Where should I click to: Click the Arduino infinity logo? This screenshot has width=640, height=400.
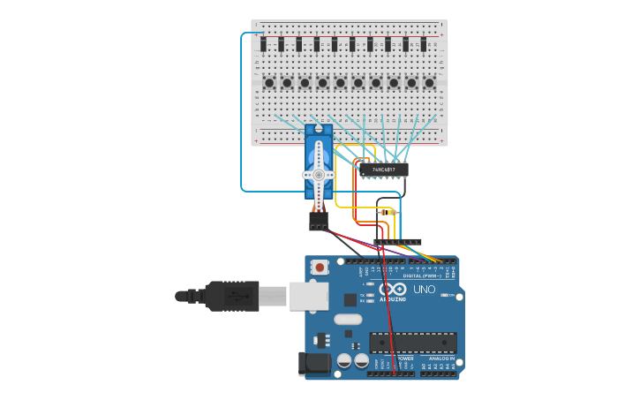tap(393, 290)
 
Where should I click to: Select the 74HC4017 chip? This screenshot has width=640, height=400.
tap(383, 170)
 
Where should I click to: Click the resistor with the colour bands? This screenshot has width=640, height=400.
tap(387, 213)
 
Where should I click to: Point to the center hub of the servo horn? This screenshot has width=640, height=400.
tap(319, 175)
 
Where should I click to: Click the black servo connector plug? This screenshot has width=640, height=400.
tap(319, 221)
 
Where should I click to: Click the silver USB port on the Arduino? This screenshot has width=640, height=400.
tap(308, 297)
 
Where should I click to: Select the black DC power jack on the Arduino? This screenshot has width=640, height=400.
tap(313, 363)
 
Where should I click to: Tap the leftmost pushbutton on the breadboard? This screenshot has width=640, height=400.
tap(268, 83)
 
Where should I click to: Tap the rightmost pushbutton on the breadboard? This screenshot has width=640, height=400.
tap(429, 83)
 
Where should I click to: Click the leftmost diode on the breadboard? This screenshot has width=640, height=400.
tap(263, 44)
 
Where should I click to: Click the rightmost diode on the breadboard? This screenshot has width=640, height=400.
tap(424, 44)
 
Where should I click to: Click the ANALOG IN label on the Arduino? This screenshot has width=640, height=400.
tap(438, 358)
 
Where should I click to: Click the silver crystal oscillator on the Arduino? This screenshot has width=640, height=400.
tap(348, 319)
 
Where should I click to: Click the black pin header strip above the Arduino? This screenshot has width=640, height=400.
tap(397, 241)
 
